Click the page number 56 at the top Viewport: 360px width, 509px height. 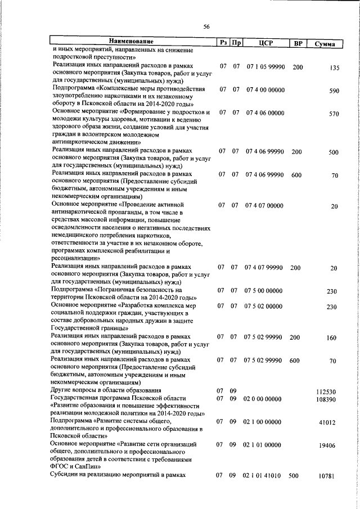206,27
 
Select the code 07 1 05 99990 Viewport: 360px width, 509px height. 265,66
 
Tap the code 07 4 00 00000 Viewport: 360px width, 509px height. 265,89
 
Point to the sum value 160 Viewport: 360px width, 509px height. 332,338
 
